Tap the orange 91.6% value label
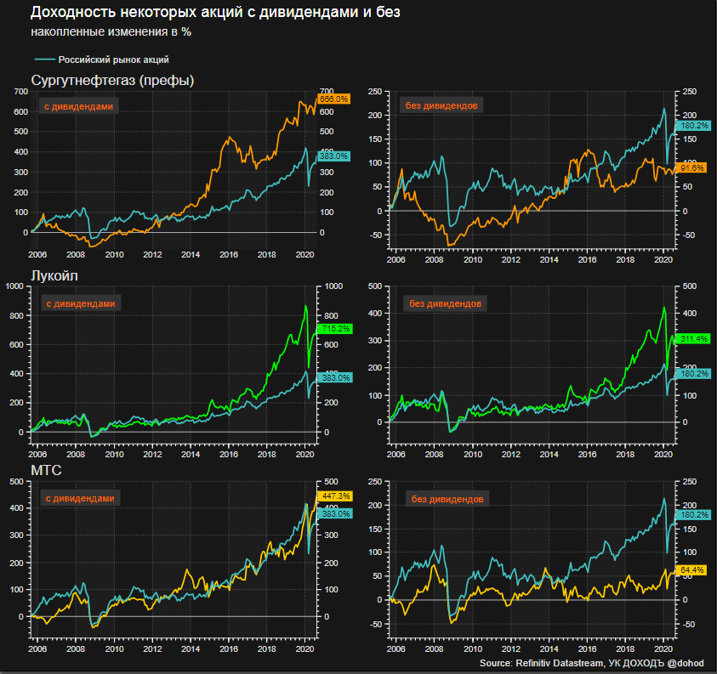tap(690, 168)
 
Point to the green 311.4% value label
tap(690, 339)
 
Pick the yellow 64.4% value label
tap(690, 569)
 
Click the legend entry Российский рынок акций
tap(113, 60)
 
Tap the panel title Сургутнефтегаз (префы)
tap(113, 81)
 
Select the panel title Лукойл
tap(55, 276)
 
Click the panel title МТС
tap(45, 471)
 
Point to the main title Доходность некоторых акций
tap(215, 13)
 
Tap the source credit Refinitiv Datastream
tap(556, 663)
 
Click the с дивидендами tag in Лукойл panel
tap(78, 303)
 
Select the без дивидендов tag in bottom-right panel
tap(444, 499)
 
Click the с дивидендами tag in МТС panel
tap(78, 498)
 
